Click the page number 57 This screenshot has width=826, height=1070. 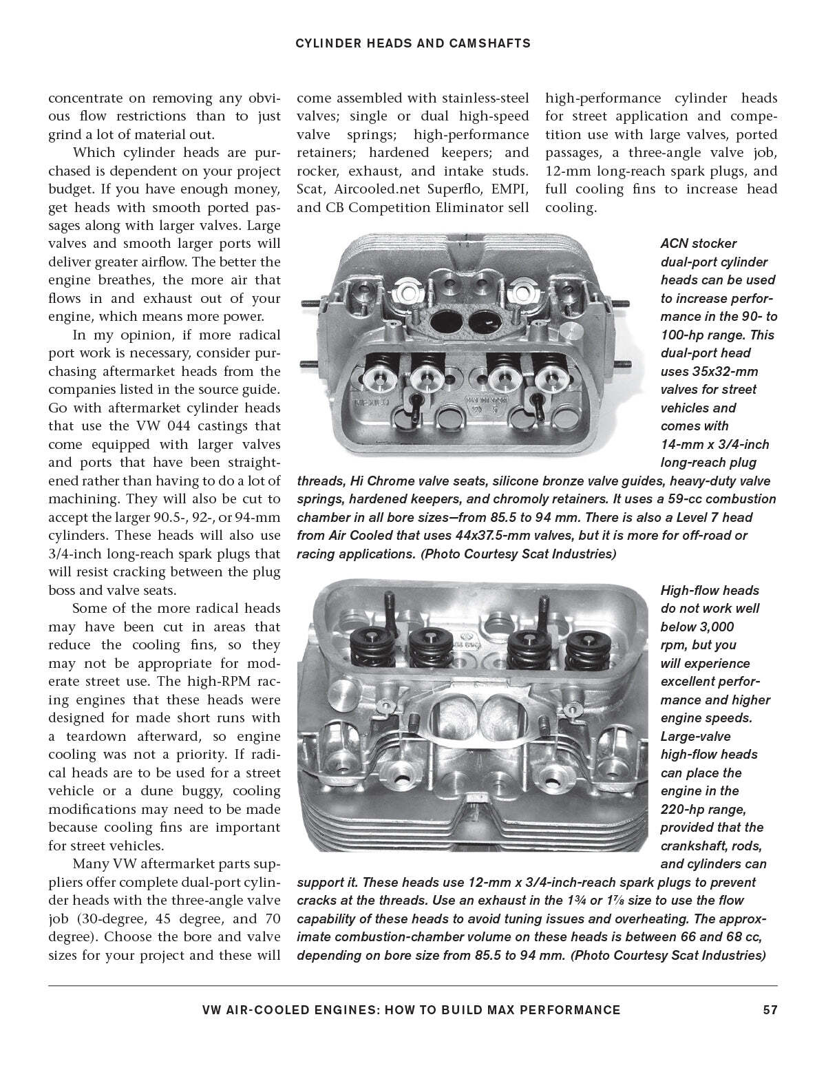(x=770, y=1010)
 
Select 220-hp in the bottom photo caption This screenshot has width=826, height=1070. (x=684, y=809)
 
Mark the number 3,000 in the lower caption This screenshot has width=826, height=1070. (x=697, y=627)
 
